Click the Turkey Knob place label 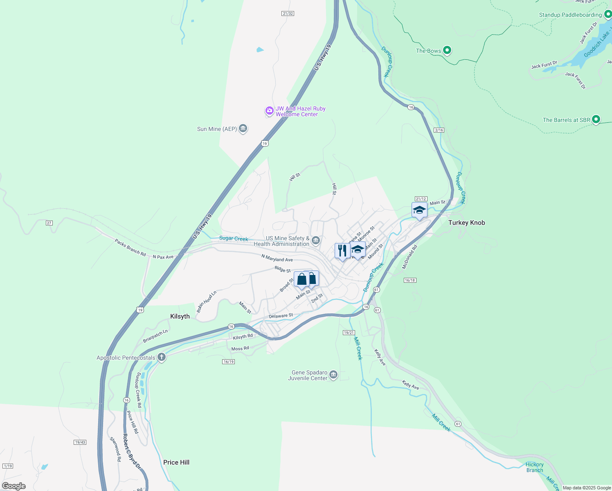pos(466,223)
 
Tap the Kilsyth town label pos(180,316)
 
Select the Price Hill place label pos(176,462)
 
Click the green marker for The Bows pos(447,50)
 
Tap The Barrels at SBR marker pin pos(596,119)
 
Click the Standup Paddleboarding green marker pos(607,15)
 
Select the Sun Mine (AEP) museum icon pos(243,128)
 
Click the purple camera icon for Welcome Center pos(269,110)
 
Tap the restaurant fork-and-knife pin pos(342,250)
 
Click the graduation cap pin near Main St pos(419,210)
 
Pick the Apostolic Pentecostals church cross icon pos(162,357)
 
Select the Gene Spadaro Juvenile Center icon pos(333,374)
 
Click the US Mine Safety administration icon pos(316,240)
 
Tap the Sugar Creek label pos(234,239)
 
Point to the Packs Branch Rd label pos(130,248)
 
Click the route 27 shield pos(49,223)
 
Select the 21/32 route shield pos(288,14)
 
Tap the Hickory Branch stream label pos(535,467)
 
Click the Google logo pos(14,486)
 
